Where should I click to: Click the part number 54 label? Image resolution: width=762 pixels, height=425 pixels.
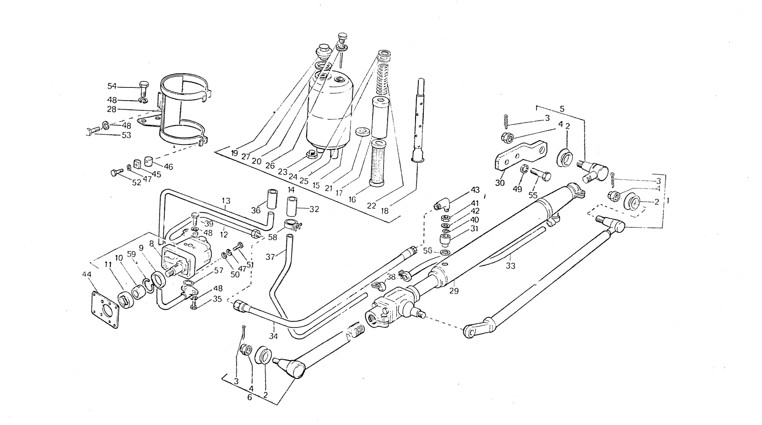112,86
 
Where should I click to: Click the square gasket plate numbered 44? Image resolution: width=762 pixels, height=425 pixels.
105,309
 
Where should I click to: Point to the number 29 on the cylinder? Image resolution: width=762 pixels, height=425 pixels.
454,291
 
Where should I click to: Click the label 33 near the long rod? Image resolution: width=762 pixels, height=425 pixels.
510,266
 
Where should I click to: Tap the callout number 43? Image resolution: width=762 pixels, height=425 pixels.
475,190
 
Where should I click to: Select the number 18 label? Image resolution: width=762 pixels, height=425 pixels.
384,211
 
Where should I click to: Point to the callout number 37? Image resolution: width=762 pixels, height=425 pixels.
270,257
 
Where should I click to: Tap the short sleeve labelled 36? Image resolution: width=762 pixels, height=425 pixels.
271,199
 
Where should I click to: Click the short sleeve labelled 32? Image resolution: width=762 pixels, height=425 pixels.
291,206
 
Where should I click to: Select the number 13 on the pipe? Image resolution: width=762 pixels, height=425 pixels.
226,200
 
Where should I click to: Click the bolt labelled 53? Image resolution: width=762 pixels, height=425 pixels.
92,130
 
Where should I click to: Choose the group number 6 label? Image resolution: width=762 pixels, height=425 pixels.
249,398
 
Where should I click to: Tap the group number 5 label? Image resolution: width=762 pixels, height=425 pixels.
562,109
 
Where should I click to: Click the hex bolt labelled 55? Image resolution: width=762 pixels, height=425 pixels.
540,174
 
